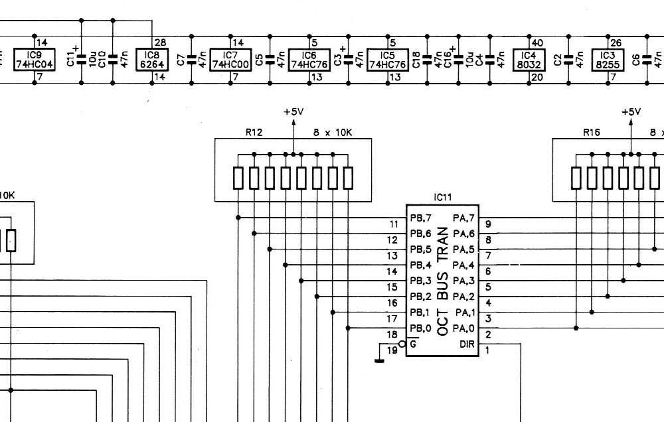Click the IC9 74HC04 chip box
coord(35,60)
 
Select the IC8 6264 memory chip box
coord(152,60)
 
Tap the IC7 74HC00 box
coord(231,60)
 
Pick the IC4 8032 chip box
coord(529,60)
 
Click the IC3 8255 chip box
coord(608,60)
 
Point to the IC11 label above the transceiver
coord(443,197)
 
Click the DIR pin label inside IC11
coord(467,344)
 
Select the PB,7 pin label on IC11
coord(420,218)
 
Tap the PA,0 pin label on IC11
coord(463,328)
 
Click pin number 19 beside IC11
coord(392,350)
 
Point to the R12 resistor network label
coord(254,133)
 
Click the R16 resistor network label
coord(592,133)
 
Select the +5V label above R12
coord(294,111)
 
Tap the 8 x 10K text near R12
coord(333,133)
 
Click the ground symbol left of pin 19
coord(379,361)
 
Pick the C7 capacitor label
coord(181,60)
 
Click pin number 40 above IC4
coord(537,42)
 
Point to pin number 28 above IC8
coord(161,42)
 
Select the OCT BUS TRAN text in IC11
coord(442,281)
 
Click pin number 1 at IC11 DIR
coord(487,350)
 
